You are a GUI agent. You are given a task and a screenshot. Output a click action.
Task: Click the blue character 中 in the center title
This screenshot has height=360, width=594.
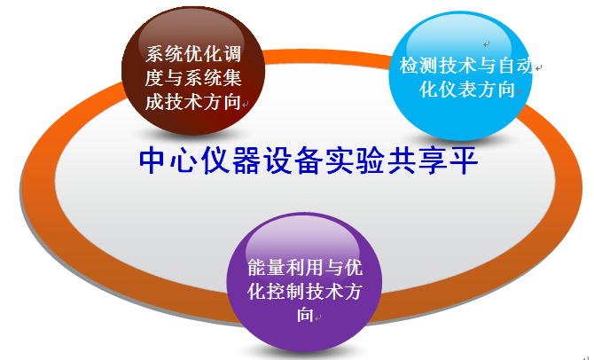point(152,160)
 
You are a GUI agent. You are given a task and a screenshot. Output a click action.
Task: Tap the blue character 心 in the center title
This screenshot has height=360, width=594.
point(184,160)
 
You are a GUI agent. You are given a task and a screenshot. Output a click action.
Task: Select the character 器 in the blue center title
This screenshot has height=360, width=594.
point(246,160)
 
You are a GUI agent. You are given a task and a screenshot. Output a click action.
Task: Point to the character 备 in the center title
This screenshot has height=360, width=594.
point(309,160)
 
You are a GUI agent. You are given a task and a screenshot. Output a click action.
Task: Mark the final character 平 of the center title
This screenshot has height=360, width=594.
point(464,160)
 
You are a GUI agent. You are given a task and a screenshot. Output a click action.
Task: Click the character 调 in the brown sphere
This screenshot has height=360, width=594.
point(232,54)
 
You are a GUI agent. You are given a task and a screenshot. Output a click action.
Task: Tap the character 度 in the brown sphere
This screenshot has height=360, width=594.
point(154,78)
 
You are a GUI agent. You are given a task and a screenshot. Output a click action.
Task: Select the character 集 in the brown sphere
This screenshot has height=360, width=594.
point(232,78)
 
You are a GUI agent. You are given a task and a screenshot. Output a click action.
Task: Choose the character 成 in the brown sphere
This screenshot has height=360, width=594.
point(154,102)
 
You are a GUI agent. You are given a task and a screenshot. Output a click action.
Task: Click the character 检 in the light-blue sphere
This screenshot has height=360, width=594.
point(409,66)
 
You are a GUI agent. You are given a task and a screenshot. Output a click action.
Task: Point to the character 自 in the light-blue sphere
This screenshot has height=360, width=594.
point(506,66)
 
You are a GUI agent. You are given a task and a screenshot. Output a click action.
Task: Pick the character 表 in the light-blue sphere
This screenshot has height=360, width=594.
point(467,90)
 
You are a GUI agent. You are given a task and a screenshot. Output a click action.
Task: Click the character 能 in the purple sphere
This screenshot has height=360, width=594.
point(256,267)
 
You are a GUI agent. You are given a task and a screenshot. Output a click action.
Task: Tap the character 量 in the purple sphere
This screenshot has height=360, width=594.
point(276,267)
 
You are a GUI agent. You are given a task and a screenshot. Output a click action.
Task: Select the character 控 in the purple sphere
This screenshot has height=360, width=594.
point(276,291)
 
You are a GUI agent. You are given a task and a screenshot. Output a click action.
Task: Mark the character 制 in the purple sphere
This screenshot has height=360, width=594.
point(295,291)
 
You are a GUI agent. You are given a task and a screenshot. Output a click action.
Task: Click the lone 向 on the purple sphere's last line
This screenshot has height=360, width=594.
point(305,315)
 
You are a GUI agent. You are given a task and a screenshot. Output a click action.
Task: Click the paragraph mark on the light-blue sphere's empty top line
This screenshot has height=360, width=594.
point(487,44)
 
